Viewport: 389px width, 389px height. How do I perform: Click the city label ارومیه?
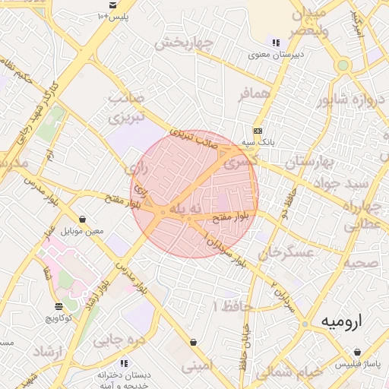pyautogui.click(x=342, y=321)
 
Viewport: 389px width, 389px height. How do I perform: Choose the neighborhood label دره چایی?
pyautogui.click(x=119, y=340)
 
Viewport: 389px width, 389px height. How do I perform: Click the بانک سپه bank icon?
pyautogui.click(x=258, y=130)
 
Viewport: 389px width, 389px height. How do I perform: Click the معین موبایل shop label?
pyautogui.click(x=82, y=230)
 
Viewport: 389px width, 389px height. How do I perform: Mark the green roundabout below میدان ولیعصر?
pyautogui.click(x=343, y=65)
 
